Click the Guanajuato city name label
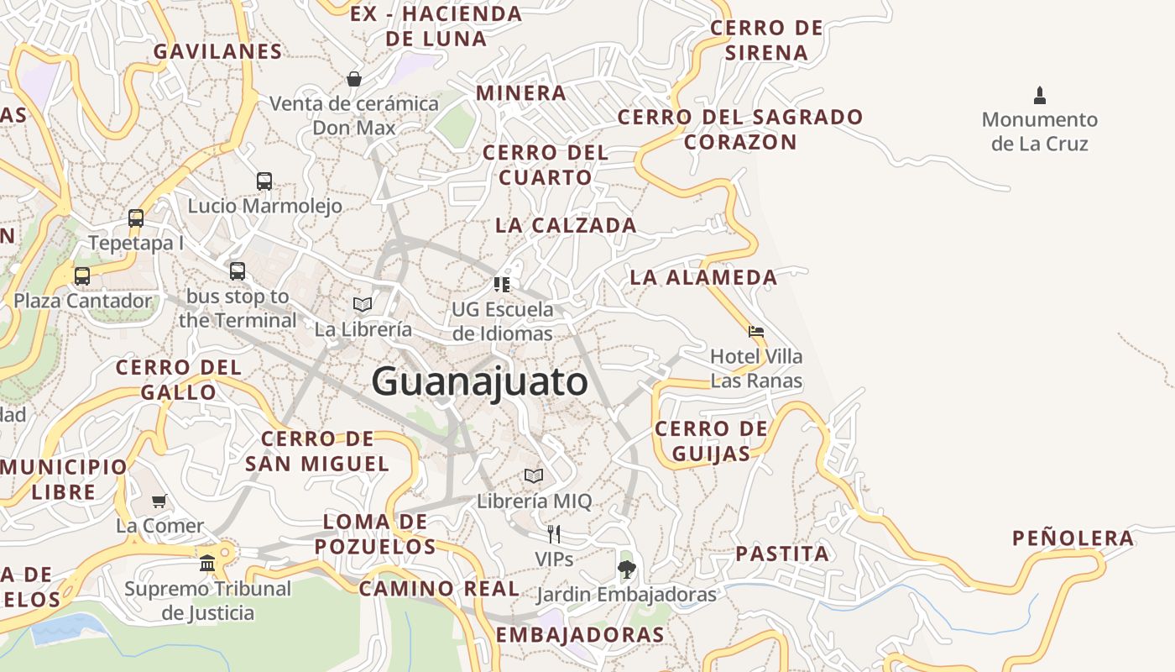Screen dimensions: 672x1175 point(479,382)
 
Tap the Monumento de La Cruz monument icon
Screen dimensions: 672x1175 point(1040,95)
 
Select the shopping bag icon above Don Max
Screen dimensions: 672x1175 point(354,79)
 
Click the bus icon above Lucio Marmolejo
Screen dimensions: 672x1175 point(264,181)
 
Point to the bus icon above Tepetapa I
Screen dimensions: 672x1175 point(136,218)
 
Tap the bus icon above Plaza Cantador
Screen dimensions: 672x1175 point(82,276)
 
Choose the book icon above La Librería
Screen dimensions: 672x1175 point(363,304)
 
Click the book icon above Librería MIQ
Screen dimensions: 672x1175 point(534,476)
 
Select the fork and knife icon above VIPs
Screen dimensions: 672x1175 point(554,533)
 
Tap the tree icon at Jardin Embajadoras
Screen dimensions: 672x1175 point(626,570)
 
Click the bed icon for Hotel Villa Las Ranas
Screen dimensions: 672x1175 point(756,332)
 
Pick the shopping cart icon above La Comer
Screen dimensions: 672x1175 point(159,501)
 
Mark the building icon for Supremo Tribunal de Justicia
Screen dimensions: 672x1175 point(207,563)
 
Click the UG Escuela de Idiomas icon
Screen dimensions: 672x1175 point(502,284)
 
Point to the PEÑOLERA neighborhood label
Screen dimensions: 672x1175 point(1073,538)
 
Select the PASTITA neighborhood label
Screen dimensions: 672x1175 point(782,554)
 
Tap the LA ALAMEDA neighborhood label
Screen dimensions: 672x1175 point(703,277)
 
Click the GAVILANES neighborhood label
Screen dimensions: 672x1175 point(217,51)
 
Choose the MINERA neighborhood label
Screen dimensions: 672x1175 point(521,92)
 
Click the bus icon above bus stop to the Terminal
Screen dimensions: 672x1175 point(238,270)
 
